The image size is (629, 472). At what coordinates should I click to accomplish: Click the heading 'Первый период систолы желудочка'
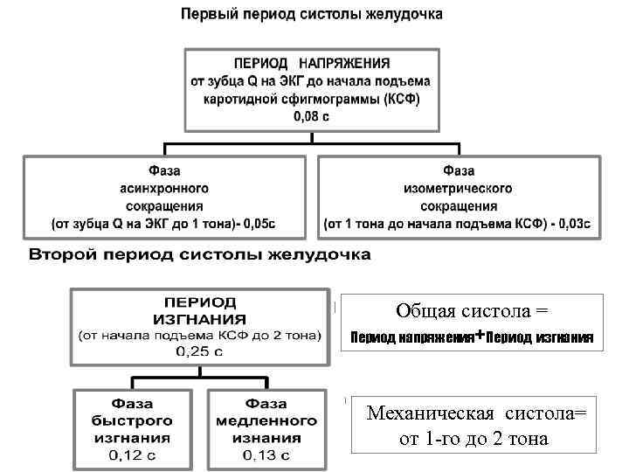tap(312, 15)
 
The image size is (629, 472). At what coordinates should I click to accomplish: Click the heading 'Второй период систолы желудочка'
tap(200, 255)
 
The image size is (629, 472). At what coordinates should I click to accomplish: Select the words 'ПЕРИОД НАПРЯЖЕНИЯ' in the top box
tap(312, 64)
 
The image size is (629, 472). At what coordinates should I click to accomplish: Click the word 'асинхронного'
tap(163, 188)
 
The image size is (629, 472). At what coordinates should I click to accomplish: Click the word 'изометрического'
tap(458, 188)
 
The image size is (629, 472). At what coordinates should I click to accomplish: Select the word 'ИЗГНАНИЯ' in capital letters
tap(200, 318)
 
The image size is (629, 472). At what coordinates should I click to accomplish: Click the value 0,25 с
tap(200, 351)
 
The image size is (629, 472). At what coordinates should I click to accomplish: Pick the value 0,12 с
tap(131, 455)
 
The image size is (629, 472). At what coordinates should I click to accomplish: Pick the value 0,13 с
tap(266, 455)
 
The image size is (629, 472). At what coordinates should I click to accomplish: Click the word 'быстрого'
tap(131, 420)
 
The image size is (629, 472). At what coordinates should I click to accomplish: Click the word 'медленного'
tap(266, 420)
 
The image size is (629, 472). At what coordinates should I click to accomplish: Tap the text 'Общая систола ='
tap(471, 310)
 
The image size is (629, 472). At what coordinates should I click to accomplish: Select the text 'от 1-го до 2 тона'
tap(473, 438)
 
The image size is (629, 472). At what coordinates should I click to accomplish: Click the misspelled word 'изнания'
tap(266, 438)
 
